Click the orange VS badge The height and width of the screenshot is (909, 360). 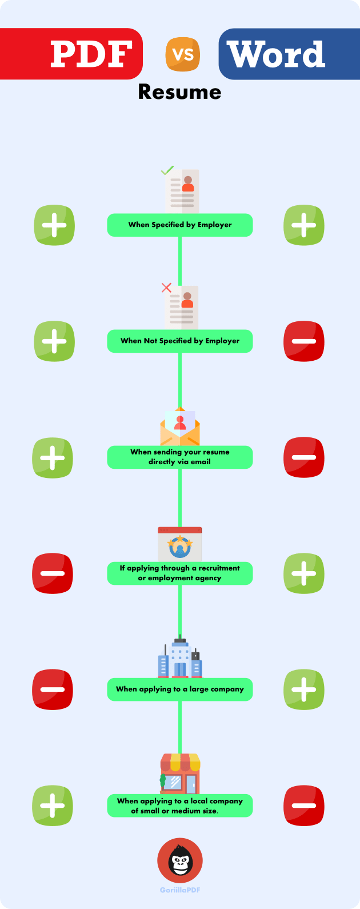click(183, 55)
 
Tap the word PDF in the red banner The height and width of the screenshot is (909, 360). click(91, 54)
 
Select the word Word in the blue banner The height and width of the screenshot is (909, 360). click(276, 54)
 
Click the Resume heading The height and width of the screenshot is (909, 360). click(179, 92)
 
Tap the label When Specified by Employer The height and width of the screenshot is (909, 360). click(180, 225)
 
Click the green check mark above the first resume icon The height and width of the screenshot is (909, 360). click(167, 170)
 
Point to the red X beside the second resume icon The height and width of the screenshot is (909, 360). click(166, 288)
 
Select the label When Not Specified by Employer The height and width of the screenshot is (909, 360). click(180, 341)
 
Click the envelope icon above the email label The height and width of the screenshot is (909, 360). click(180, 428)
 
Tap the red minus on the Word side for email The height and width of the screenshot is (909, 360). click(304, 457)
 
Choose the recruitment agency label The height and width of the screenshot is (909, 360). click(180, 573)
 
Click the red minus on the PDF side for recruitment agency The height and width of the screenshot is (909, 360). click(53, 573)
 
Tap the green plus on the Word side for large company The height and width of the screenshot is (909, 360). click(304, 689)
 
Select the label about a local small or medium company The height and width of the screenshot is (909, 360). click(180, 806)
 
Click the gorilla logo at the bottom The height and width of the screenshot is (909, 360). click(180, 861)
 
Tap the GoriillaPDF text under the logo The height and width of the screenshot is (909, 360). click(180, 890)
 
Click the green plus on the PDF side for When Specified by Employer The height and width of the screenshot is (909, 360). click(54, 225)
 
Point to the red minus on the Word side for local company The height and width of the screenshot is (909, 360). click(304, 806)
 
